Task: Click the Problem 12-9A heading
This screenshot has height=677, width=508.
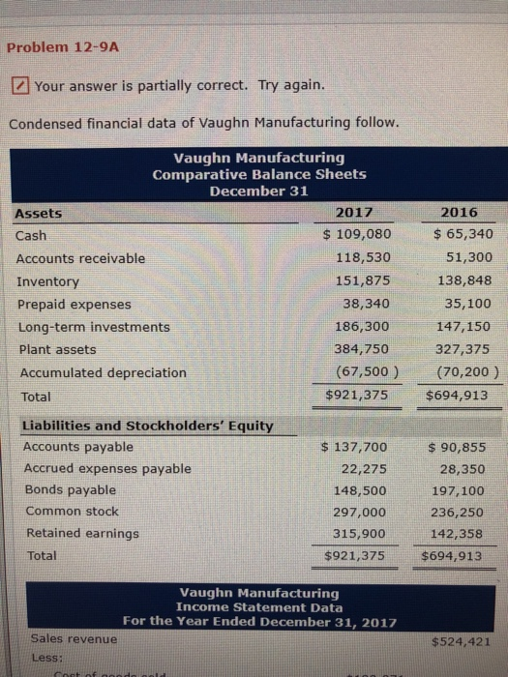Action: pyautogui.click(x=54, y=46)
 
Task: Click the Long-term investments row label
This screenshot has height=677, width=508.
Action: pyautogui.click(x=93, y=327)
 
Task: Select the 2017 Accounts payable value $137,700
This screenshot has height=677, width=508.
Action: pyautogui.click(x=353, y=447)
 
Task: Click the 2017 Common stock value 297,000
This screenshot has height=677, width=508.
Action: pyautogui.click(x=359, y=512)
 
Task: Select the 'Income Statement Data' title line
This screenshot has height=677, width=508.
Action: pyautogui.click(x=258, y=606)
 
